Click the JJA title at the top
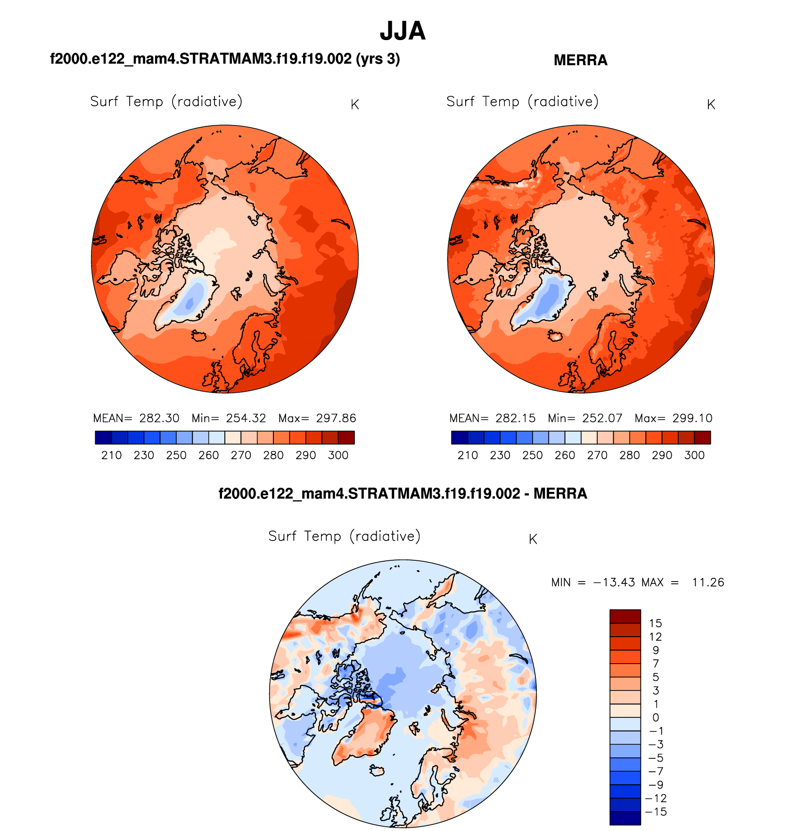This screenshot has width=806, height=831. pos(403,31)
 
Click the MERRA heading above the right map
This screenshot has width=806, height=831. pos(580,60)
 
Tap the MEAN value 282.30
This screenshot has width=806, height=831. pos(159,418)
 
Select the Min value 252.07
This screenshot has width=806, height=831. pos(602,418)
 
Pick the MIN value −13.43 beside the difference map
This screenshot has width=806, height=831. pos(613,582)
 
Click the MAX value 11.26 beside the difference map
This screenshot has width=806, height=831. pos(707,582)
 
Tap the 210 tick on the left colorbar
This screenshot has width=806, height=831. pos(111,456)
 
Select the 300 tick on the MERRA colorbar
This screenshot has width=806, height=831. pos(694,456)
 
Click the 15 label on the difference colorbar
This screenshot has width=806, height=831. pos(655,623)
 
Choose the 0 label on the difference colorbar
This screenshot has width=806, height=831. pos(655,718)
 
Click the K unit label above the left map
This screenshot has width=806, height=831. pos(355,105)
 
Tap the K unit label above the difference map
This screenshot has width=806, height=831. pos(533,540)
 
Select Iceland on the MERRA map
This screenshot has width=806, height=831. pos(555,336)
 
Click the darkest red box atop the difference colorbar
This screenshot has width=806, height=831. pos(625,616)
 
